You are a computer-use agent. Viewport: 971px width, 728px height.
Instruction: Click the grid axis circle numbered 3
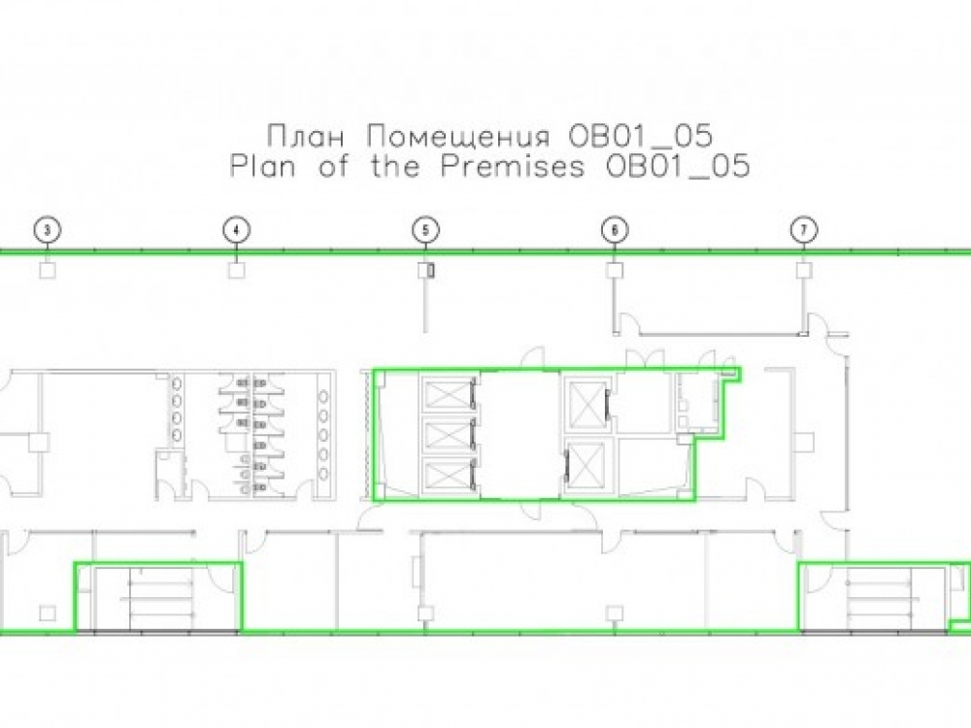tap(48, 230)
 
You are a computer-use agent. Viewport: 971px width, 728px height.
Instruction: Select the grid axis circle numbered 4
tap(236, 230)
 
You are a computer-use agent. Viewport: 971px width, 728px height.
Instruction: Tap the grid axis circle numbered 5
tap(425, 230)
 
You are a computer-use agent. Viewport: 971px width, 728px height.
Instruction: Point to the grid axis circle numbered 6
tap(615, 230)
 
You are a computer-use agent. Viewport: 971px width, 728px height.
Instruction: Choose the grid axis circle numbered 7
tap(804, 230)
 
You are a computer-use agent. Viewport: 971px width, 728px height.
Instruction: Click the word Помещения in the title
tap(458, 137)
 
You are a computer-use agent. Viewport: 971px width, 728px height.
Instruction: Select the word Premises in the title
tap(513, 167)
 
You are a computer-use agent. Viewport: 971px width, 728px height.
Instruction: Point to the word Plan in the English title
tap(262, 167)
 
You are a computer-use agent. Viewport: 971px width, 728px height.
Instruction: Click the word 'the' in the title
tap(394, 167)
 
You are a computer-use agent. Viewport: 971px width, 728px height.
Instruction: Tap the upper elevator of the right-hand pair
tap(586, 405)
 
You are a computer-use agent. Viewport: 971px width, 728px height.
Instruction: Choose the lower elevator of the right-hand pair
tap(586, 466)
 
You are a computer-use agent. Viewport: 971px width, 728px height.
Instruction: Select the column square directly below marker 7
tap(804, 270)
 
